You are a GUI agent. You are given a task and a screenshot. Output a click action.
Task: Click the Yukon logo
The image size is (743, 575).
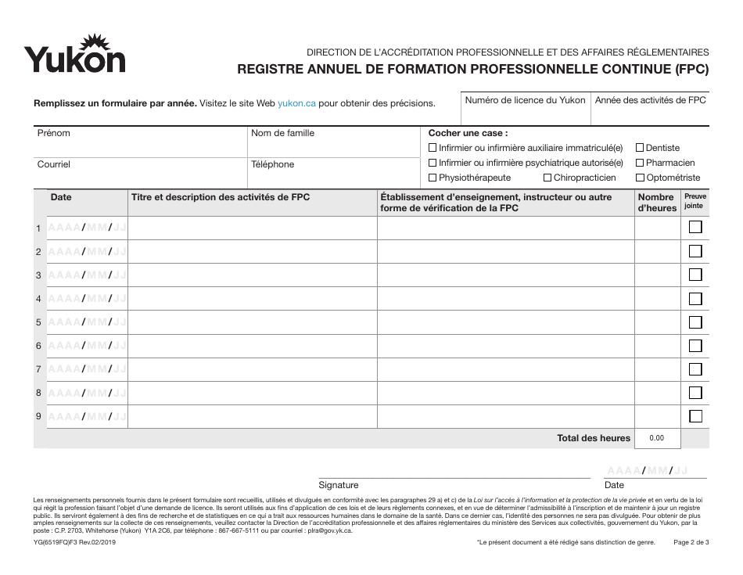[x=74, y=55]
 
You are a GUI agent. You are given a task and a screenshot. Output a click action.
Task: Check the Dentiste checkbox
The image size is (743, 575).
[x=640, y=148]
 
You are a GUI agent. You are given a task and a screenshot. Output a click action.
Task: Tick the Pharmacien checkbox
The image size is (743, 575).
[x=640, y=163]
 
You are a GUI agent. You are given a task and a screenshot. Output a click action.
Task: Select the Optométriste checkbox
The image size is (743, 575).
[x=640, y=178]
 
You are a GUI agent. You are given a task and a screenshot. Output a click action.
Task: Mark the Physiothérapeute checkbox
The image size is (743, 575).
[x=433, y=178]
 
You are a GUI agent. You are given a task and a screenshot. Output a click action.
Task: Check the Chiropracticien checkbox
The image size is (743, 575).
[x=547, y=178]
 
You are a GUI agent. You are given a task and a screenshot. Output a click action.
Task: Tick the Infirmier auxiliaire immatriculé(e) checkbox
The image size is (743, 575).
[x=433, y=148]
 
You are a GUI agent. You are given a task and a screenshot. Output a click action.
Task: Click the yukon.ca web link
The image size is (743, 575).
[x=296, y=103]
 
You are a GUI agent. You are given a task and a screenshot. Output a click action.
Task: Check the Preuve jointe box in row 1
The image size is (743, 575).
[x=695, y=228]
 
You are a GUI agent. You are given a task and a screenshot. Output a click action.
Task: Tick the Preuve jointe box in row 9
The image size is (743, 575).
[x=695, y=416]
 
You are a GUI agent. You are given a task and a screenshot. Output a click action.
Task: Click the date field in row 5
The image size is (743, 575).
[x=87, y=322]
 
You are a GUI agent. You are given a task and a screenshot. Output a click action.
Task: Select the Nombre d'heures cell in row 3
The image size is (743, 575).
[x=656, y=275]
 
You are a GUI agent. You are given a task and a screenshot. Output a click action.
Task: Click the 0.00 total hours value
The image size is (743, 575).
[x=656, y=438]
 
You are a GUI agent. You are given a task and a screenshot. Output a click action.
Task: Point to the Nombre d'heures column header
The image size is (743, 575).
[x=656, y=203]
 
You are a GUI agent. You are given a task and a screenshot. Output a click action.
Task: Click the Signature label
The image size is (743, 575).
[x=338, y=485]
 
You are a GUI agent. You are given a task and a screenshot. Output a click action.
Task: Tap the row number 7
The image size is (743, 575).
[x=38, y=369]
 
